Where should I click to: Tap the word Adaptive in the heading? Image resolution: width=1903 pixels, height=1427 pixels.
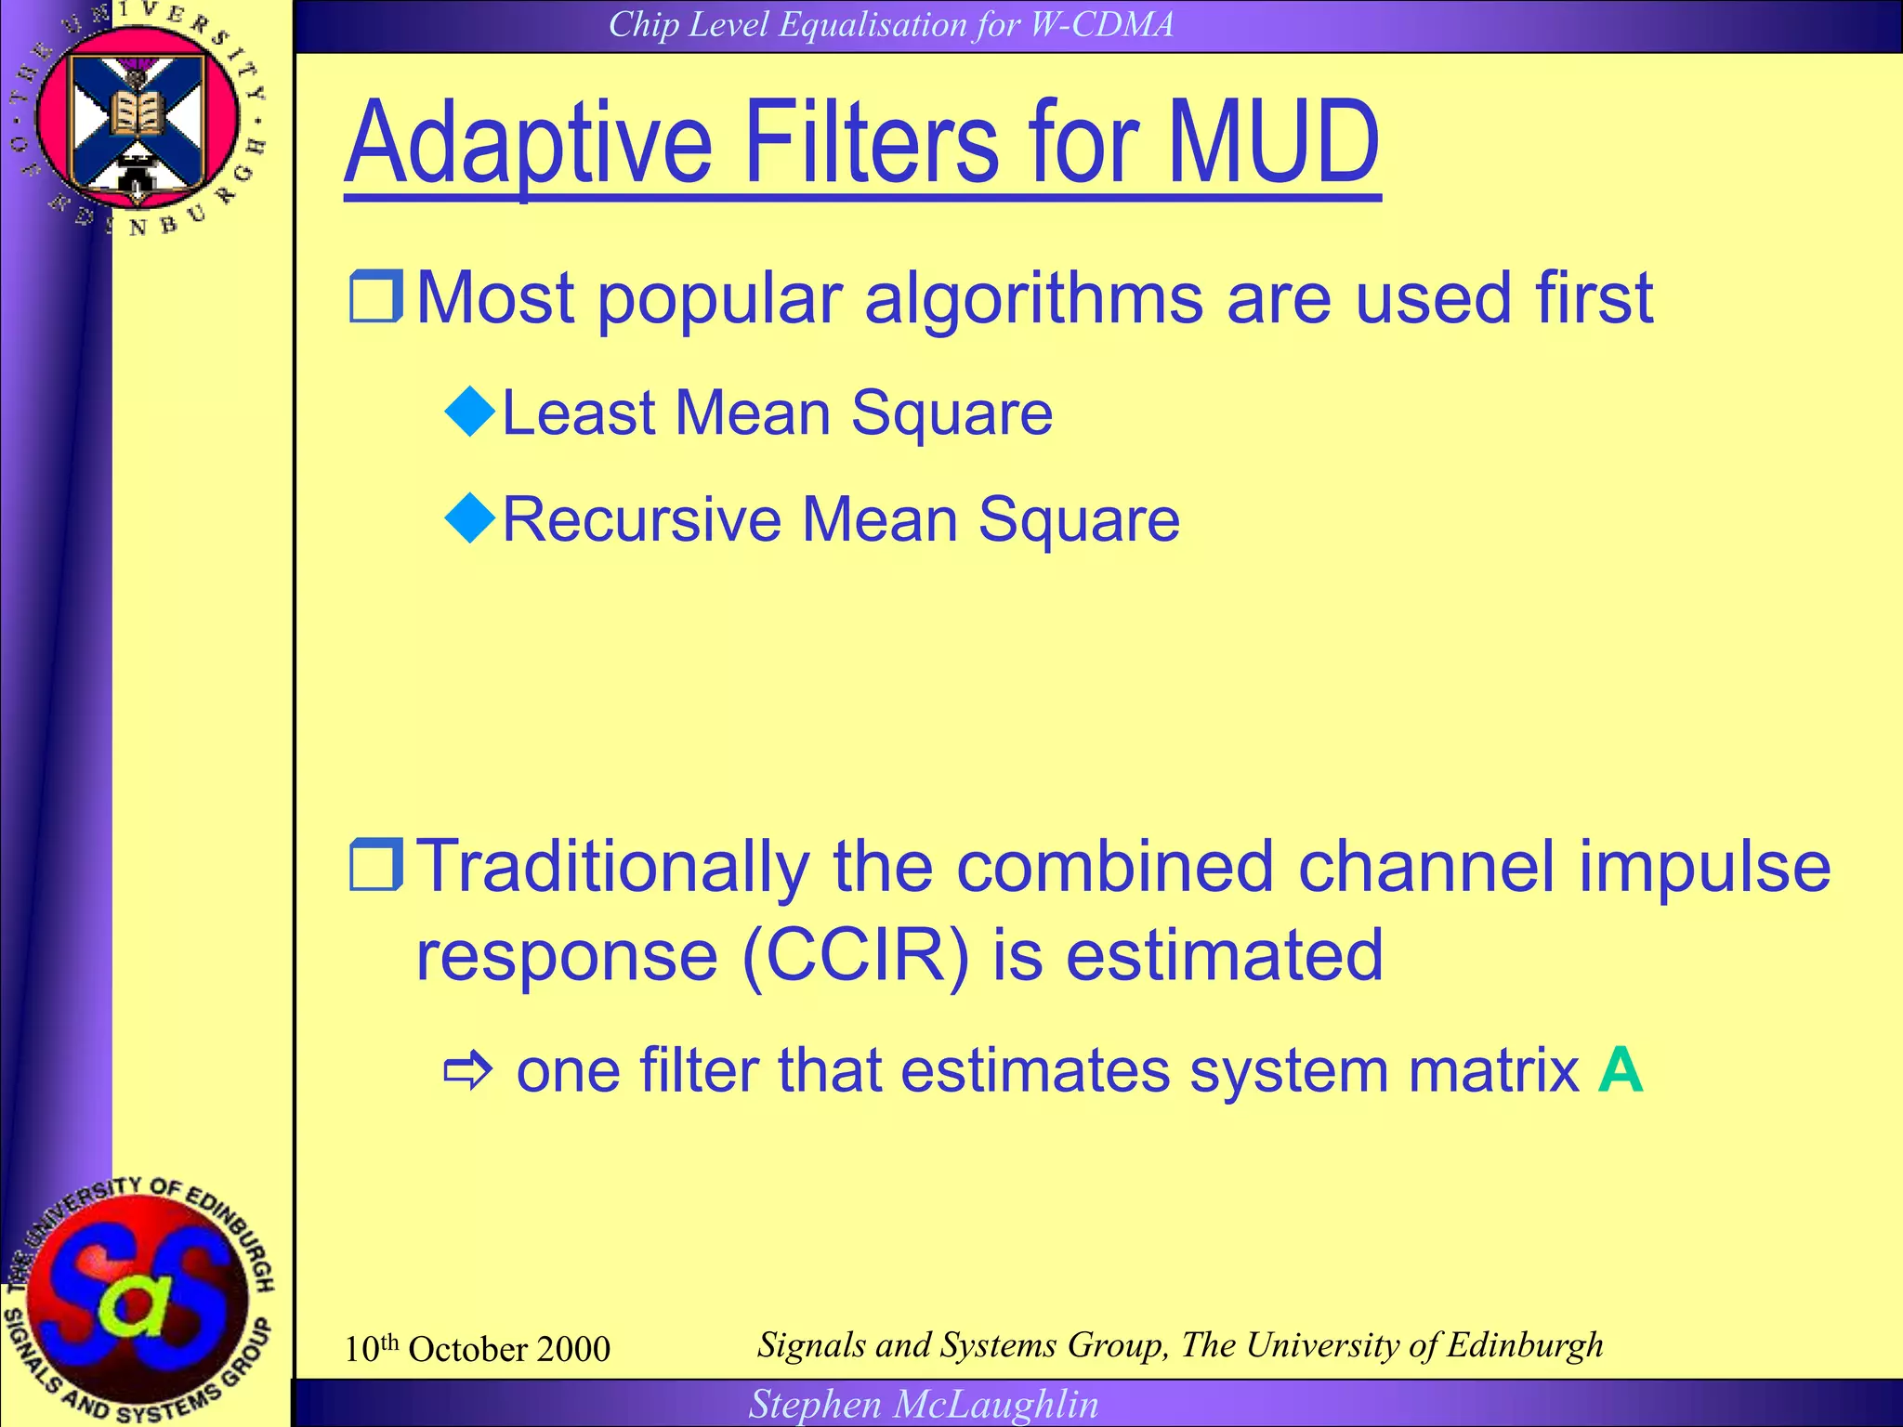[528, 144]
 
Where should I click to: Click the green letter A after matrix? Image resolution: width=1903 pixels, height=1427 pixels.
[1621, 1070]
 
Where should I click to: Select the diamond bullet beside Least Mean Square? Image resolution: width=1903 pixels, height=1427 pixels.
[471, 412]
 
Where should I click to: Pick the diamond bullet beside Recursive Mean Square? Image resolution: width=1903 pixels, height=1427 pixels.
[471, 518]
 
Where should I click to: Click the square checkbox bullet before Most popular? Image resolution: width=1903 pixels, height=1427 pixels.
[375, 297]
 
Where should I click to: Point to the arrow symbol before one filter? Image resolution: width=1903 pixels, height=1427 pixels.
[467, 1071]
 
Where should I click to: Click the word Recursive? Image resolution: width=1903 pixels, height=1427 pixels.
[641, 519]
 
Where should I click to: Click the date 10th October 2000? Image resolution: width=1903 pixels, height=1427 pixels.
[477, 1349]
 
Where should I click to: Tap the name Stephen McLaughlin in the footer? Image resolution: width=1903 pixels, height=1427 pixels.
[924, 1404]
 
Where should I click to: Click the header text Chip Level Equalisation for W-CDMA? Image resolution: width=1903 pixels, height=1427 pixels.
[891, 24]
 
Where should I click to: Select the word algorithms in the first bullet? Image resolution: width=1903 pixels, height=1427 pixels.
[1033, 299]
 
